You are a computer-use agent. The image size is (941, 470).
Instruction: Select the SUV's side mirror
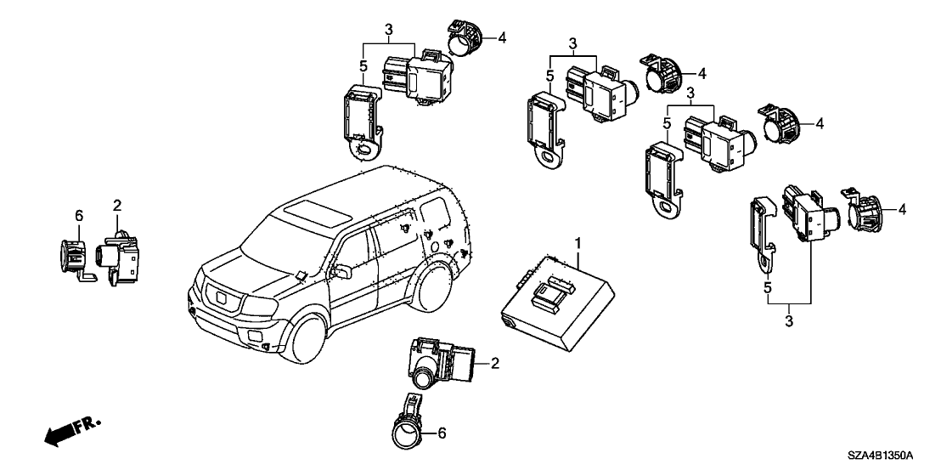(x=344, y=271)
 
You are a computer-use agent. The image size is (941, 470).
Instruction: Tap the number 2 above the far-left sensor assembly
(x=117, y=205)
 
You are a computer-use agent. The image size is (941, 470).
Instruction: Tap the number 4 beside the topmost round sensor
(x=501, y=37)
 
